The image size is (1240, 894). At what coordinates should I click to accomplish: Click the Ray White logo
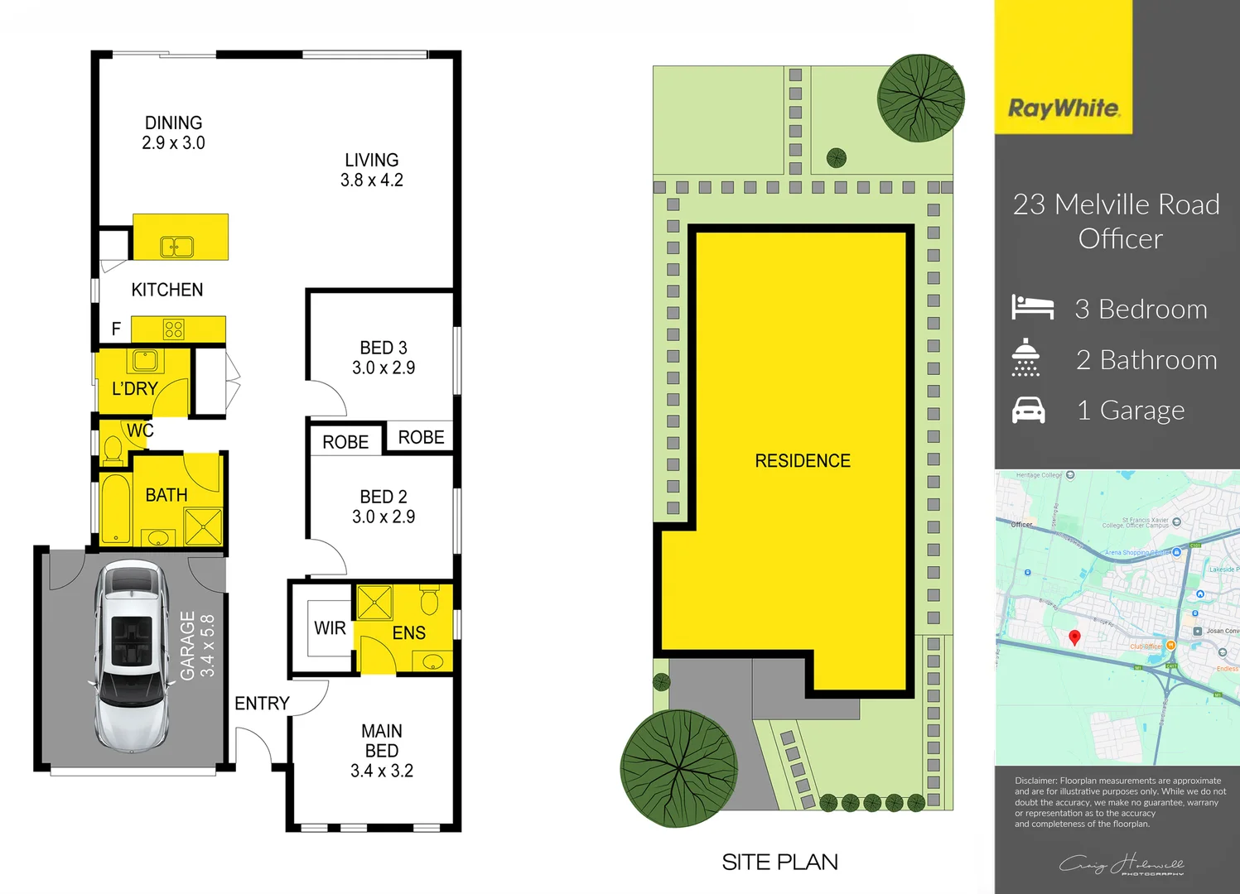click(1064, 108)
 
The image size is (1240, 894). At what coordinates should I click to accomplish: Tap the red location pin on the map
click(1074, 637)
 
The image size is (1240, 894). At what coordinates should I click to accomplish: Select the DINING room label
click(173, 123)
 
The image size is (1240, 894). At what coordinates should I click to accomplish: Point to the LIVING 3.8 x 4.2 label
click(371, 170)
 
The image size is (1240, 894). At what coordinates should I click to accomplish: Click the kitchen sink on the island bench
click(176, 246)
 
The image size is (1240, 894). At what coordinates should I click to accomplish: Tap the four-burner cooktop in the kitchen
click(173, 329)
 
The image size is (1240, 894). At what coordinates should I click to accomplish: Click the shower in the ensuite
click(374, 603)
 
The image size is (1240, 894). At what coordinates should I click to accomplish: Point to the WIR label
click(330, 628)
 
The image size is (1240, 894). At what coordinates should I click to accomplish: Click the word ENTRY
click(262, 704)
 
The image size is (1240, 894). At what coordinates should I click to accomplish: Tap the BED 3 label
click(383, 348)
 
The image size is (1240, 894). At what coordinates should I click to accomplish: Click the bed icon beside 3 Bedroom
click(1032, 308)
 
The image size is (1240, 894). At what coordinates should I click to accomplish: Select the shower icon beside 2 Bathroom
click(1025, 358)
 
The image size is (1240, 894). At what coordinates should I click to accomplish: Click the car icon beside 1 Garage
click(1029, 410)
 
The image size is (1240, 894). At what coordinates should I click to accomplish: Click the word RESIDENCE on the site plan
click(802, 461)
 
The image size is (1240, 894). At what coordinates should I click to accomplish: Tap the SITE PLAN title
click(779, 863)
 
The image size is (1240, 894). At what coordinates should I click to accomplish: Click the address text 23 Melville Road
click(1116, 204)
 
